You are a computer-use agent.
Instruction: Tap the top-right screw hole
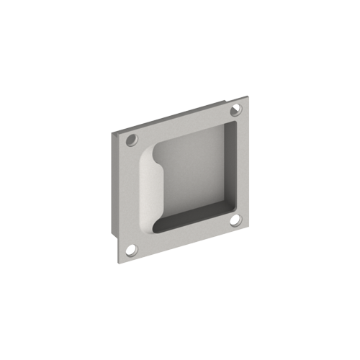coord(236,109)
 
